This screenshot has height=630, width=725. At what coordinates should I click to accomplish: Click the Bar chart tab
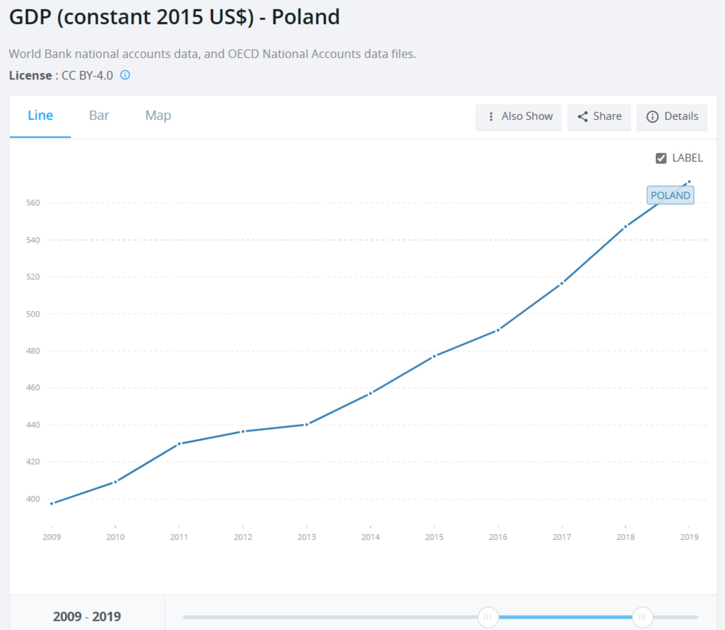(99, 116)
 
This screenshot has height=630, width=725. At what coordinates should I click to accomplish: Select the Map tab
(158, 116)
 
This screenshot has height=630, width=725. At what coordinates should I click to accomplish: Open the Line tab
(40, 116)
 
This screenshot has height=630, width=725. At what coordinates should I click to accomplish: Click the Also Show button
(518, 117)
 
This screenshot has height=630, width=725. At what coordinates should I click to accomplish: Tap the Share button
(599, 117)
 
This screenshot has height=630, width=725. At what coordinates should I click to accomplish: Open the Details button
(672, 117)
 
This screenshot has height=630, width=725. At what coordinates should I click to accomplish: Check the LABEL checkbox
(661, 158)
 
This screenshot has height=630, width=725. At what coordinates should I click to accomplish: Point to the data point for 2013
(307, 425)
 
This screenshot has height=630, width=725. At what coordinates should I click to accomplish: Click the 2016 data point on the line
(498, 330)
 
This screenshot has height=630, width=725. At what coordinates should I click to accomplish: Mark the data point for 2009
(52, 503)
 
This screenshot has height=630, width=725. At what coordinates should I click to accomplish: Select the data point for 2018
(625, 227)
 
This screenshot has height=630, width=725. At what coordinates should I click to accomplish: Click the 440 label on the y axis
(33, 425)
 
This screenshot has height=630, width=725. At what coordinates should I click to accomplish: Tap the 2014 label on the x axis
(370, 537)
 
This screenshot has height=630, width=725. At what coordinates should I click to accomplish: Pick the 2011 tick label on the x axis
(179, 537)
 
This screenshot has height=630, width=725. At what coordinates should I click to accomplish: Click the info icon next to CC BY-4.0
(125, 75)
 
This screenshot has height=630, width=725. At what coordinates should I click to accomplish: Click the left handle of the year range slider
(488, 617)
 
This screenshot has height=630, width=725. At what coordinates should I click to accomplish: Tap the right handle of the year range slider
(643, 617)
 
